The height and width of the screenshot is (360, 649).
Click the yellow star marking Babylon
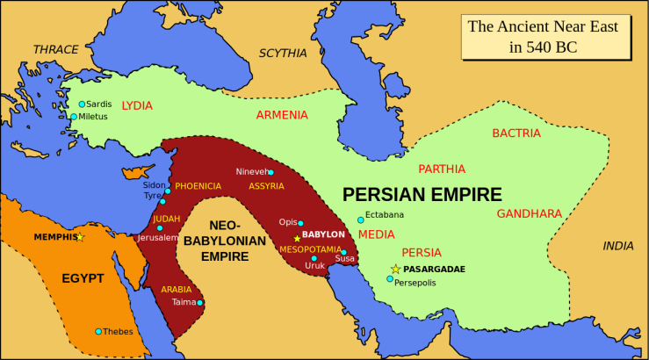297,238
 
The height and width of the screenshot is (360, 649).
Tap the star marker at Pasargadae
395,269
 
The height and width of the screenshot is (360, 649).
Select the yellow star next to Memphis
80,237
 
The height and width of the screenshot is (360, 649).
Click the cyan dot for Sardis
82,104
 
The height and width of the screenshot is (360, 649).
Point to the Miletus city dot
74,116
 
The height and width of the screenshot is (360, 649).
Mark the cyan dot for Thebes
98,331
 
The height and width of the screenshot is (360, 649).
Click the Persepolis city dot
390,279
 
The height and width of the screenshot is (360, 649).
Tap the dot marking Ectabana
360,220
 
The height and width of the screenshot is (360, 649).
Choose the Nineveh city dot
270,172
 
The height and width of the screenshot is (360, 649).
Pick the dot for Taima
201,303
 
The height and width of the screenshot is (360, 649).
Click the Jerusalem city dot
159,227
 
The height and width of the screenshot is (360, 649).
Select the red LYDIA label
137,104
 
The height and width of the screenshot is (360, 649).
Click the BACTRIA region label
516,133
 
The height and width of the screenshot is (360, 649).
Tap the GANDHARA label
529,213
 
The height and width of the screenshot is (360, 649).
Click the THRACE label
55,49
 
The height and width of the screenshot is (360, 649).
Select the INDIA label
617,246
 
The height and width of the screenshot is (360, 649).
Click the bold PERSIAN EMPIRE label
422,195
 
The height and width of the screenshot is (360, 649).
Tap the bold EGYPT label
83,278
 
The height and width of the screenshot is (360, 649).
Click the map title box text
542,37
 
